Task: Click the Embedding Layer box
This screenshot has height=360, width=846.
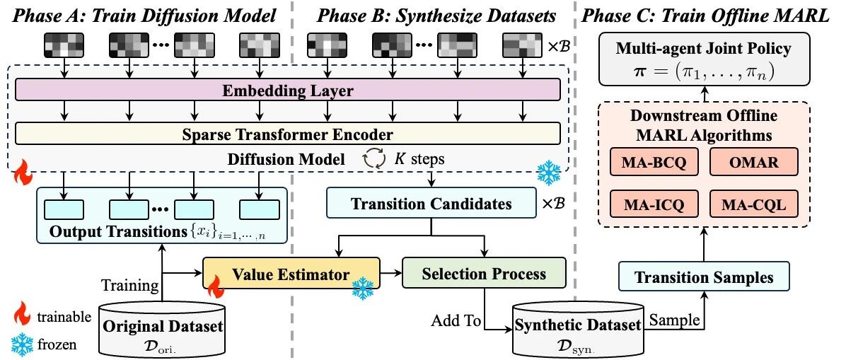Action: point(288,90)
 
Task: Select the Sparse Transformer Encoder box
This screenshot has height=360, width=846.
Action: point(288,133)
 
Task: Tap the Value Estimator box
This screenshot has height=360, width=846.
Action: point(291,274)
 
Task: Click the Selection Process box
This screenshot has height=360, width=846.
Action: point(484,274)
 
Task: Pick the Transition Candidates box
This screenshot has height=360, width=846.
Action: point(431,204)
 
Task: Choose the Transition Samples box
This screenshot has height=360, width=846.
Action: point(704,278)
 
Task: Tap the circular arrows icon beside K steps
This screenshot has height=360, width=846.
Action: point(374,161)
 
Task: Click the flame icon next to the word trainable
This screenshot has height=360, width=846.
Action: point(21,315)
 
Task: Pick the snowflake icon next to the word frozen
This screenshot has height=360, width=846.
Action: point(21,343)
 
